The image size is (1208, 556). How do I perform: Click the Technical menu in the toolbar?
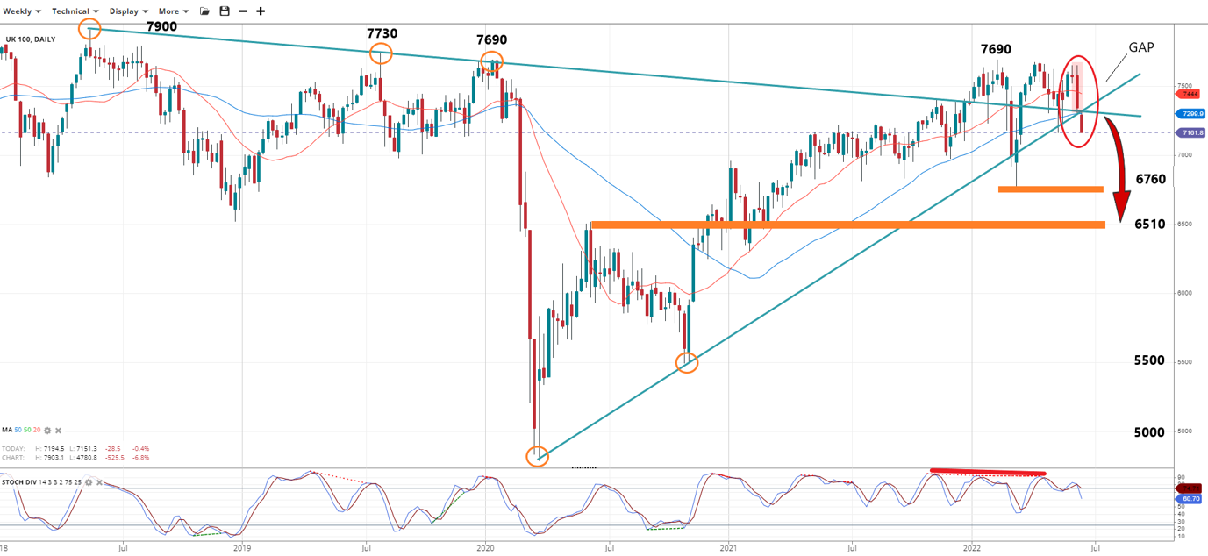[75, 11]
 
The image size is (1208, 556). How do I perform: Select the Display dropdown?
[129, 11]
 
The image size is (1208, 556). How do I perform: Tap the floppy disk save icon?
[225, 11]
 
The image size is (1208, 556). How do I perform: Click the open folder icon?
[205, 11]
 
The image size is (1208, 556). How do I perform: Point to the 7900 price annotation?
[161, 27]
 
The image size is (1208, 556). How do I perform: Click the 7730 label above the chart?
[382, 33]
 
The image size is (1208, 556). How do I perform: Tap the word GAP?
[1140, 48]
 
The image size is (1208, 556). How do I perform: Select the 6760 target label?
[1150, 179]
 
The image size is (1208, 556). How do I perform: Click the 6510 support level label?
[1150, 225]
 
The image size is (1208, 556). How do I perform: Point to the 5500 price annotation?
[1149, 360]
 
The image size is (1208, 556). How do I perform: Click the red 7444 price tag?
[1190, 94]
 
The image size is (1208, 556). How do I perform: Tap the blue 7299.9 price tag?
[1191, 114]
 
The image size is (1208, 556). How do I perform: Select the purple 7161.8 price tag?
[1190, 132]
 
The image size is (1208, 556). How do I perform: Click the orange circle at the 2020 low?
[537, 456]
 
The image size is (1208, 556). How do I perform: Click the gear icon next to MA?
[48, 431]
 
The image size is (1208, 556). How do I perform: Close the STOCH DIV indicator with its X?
[99, 483]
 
